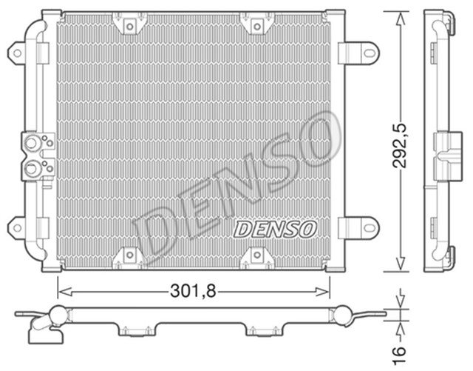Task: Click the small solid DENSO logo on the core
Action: pyautogui.click(x=275, y=229)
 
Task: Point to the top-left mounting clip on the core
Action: pyautogui.click(x=129, y=26)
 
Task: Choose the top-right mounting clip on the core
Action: pyautogui.click(x=256, y=26)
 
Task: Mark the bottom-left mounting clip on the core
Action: pyautogui.click(x=129, y=255)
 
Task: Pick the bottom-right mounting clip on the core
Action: pyautogui.click(x=256, y=255)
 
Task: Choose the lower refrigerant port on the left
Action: pyautogui.click(x=32, y=169)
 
